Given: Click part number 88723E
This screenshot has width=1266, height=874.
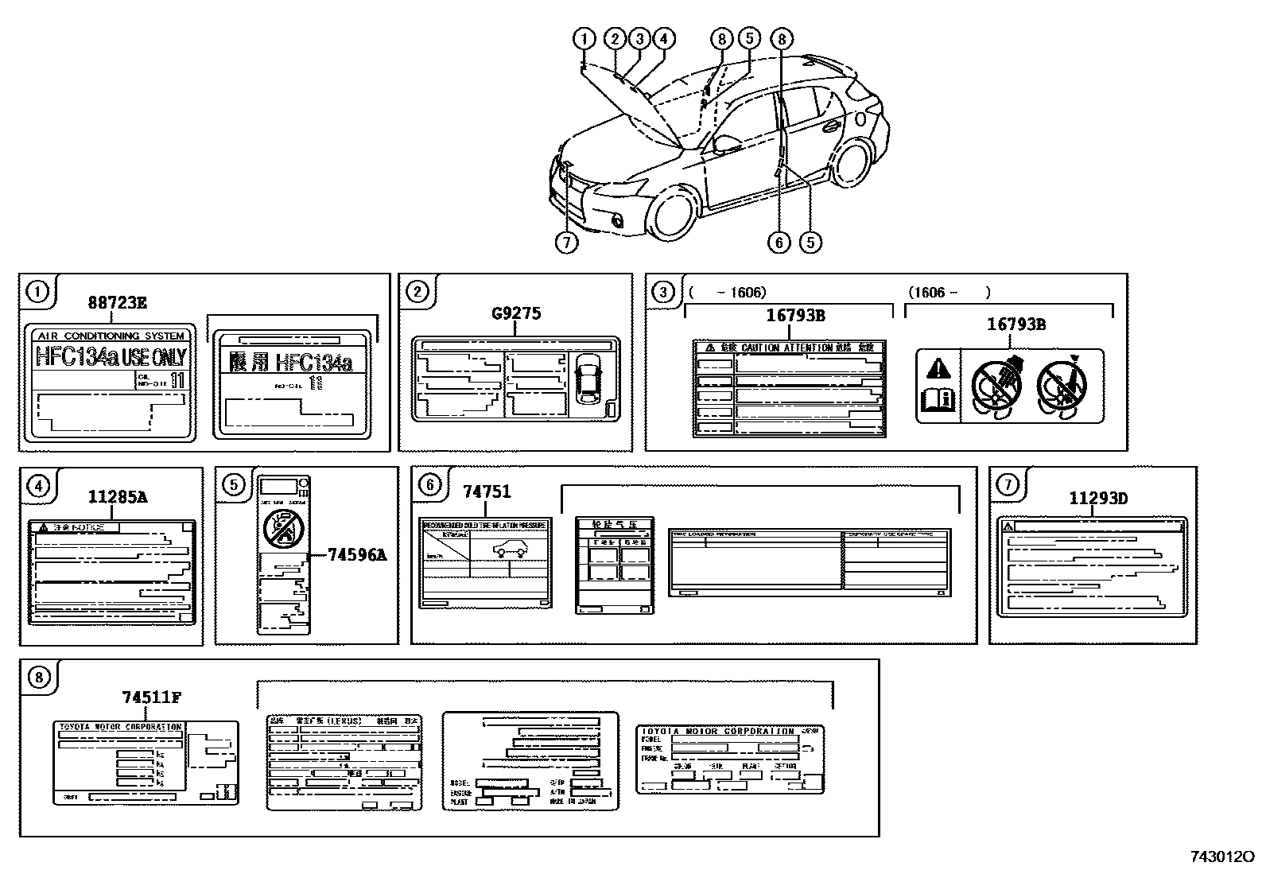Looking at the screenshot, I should click(x=117, y=302).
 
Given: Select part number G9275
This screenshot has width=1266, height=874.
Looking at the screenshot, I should click(x=516, y=313).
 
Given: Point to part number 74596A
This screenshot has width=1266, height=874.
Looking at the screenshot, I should click(x=357, y=555).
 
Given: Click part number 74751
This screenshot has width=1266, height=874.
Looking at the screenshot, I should click(x=487, y=492).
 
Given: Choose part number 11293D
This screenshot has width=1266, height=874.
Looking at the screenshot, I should click(x=1097, y=499).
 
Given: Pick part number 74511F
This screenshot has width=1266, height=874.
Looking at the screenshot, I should click(x=151, y=697).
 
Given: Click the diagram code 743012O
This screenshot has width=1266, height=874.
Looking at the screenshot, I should click(x=1221, y=857).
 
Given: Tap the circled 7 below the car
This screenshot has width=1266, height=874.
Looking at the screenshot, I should click(x=566, y=243).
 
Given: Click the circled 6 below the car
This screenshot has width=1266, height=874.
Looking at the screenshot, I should click(x=779, y=243).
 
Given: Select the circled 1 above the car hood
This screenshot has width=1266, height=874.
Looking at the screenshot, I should click(x=584, y=38).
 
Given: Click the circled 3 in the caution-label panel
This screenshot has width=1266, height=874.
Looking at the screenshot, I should click(x=663, y=292).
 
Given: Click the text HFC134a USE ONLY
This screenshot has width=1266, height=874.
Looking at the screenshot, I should click(x=111, y=357).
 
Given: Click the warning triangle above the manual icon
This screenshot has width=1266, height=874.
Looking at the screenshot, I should click(x=938, y=368).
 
